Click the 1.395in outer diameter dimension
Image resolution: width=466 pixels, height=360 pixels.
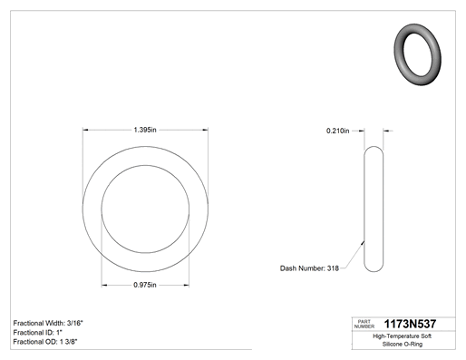pos(145,130)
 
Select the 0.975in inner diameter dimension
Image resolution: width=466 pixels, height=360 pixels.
pos(145,285)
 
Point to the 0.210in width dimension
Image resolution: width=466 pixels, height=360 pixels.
pos(337,131)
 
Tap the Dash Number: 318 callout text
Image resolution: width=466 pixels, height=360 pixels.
pos(309,268)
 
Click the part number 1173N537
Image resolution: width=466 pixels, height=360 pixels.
pos(410,324)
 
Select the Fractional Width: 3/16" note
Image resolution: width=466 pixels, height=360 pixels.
pos(48,323)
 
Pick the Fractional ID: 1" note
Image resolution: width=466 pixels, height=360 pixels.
pos(38,333)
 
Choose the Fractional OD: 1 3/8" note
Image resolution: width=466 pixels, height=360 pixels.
pos(45,342)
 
